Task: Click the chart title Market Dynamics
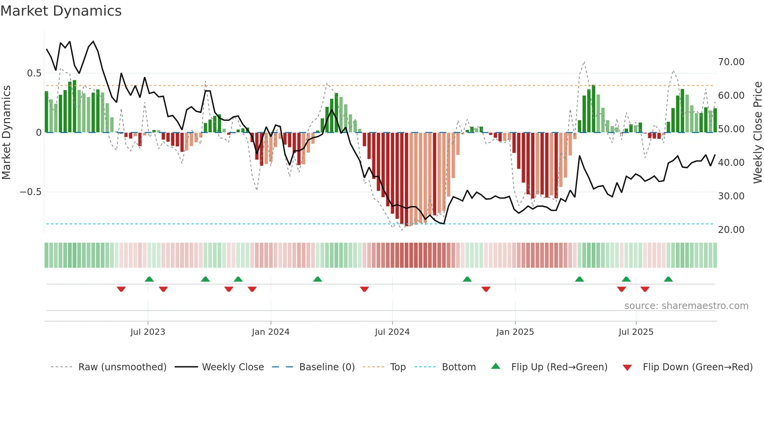[61, 11]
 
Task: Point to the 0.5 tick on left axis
[34, 73]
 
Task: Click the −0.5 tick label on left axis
[30, 192]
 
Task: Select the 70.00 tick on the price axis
[731, 62]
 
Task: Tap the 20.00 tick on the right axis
[731, 230]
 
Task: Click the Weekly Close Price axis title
[757, 133]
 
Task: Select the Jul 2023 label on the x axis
[148, 332]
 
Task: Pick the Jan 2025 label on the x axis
[515, 332]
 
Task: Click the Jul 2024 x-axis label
[392, 332]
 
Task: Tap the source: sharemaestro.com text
[686, 306]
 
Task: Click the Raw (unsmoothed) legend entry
[122, 367]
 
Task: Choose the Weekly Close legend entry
[233, 367]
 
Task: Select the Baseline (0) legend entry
[327, 367]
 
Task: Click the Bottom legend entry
[458, 367]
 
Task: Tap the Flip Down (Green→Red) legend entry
[697, 367]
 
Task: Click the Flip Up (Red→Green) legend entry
[559, 367]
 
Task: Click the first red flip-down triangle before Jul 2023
[121, 289]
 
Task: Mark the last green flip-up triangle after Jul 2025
[668, 279]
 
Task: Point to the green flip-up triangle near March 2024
[317, 279]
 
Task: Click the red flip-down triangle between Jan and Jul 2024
[364, 289]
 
